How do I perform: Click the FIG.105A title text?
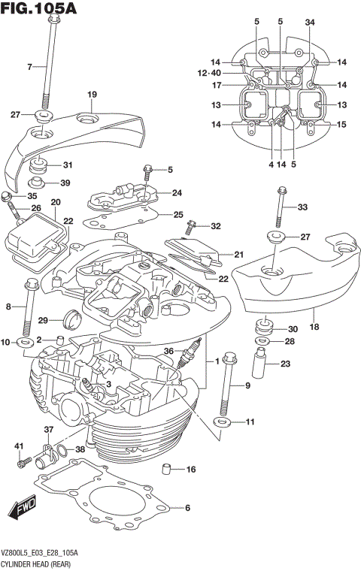point(39,9)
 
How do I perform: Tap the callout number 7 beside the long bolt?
point(31,68)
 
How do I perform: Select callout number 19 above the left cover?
point(92,94)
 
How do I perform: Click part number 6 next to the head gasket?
point(187,508)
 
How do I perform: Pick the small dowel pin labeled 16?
point(162,471)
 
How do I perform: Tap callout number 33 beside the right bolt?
point(302,207)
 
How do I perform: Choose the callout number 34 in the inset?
point(310,22)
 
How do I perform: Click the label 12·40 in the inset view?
point(210,73)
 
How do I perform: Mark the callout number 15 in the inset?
point(341,125)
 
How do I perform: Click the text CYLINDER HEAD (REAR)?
point(37,562)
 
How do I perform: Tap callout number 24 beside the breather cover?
point(176,192)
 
